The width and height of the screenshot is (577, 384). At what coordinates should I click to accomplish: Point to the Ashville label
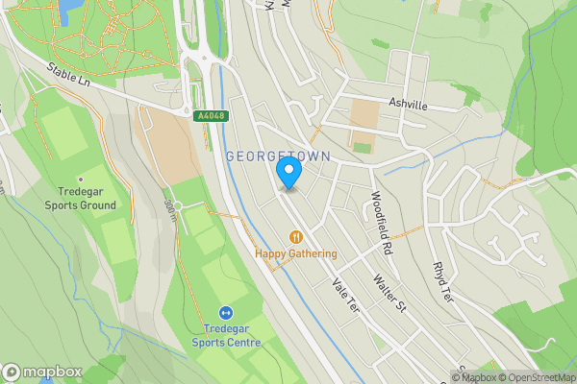[407, 105]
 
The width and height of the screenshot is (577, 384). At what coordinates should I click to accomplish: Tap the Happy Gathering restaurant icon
[296, 236]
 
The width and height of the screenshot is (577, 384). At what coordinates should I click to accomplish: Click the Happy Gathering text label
[296, 254]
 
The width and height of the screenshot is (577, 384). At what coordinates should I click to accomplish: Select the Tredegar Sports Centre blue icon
[225, 312]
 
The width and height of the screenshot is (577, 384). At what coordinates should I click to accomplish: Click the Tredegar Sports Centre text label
[225, 334]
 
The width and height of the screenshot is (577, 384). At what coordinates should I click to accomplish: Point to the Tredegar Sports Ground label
[80, 198]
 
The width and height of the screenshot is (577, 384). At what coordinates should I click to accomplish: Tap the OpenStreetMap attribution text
[540, 377]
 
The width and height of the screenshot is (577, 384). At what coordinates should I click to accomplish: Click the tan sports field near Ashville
[364, 115]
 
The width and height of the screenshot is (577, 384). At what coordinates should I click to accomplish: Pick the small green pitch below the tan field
[362, 148]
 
